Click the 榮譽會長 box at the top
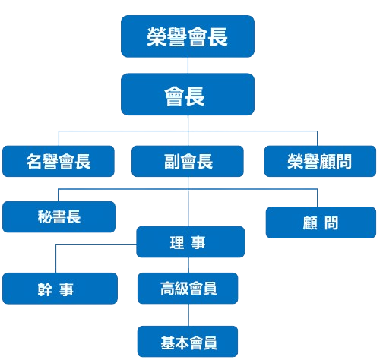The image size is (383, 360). click(x=188, y=36)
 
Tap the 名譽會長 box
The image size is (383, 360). click(x=58, y=161)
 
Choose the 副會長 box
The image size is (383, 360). click(x=188, y=161)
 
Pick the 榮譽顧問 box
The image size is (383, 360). click(x=320, y=161)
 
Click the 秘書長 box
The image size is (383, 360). click(x=59, y=217)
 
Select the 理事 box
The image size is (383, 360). click(x=190, y=242)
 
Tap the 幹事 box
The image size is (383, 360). click(x=59, y=288)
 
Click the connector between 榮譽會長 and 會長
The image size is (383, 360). click(x=188, y=66)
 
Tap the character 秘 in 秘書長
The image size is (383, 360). click(x=43, y=217)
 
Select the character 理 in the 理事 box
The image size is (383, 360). click(x=176, y=243)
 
